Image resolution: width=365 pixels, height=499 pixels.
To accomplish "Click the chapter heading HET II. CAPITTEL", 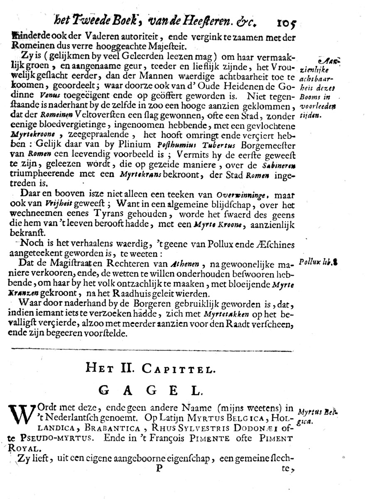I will click(151, 368).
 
